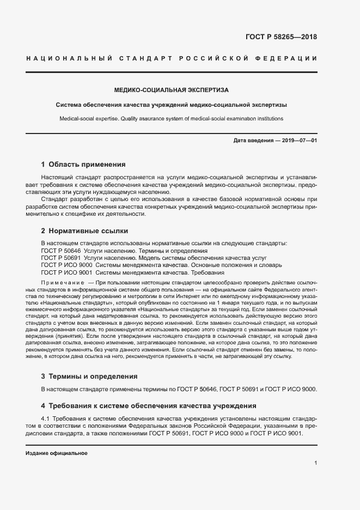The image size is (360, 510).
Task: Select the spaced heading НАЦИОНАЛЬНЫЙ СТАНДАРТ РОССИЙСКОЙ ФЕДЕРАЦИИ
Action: [171, 58]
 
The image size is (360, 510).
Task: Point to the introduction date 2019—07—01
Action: [300, 141]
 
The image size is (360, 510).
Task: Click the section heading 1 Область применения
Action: [83, 164]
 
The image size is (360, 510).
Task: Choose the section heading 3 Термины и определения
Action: [89, 376]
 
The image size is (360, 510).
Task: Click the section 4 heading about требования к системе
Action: [149, 405]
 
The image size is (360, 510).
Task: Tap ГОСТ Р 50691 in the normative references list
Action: [60, 258]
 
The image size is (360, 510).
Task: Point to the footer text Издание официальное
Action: [56, 453]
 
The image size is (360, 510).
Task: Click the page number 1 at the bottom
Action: [315, 463]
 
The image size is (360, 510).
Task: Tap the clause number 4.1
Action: [46, 418]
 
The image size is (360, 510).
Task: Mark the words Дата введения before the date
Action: [253, 141]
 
